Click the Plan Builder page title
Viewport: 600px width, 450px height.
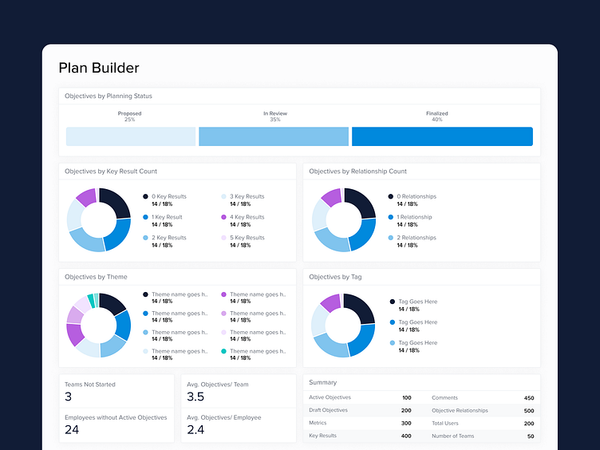(x=99, y=69)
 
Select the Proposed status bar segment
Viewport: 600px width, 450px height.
(x=131, y=136)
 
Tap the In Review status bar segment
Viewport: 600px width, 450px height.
(x=274, y=136)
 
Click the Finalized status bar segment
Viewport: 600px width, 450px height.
(x=442, y=136)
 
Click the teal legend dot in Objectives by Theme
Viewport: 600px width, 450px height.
(x=224, y=351)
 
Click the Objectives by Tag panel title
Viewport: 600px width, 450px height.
(x=335, y=277)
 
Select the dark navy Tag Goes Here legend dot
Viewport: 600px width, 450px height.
(x=393, y=302)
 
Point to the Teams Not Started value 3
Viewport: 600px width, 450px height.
(x=69, y=397)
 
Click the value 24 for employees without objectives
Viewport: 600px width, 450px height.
(x=72, y=430)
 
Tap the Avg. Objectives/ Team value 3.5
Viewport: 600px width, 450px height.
(x=196, y=397)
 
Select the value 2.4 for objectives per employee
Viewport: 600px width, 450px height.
(x=196, y=430)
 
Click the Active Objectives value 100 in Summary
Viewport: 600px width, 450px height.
(x=406, y=397)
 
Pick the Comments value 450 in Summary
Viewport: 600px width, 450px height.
(x=528, y=397)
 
